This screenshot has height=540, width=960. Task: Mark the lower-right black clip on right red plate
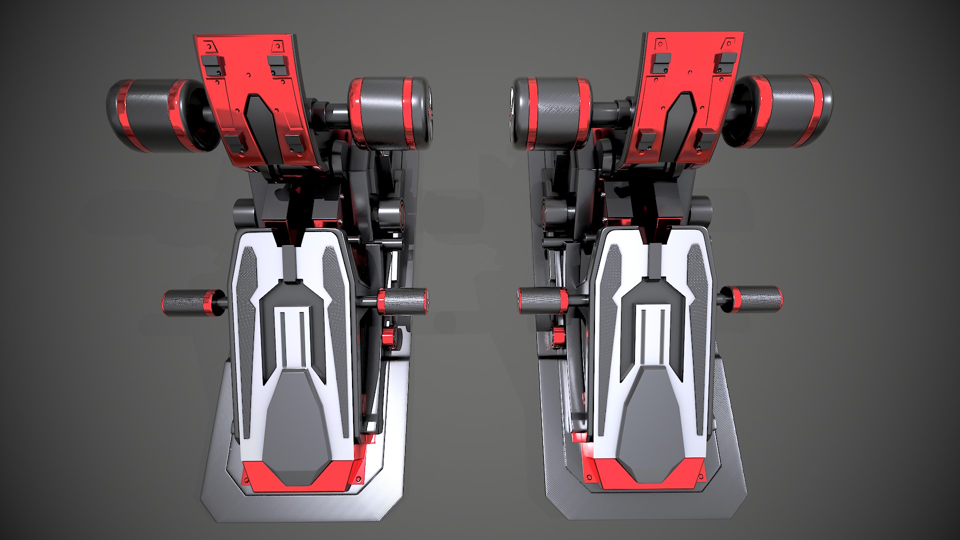point(705,140)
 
